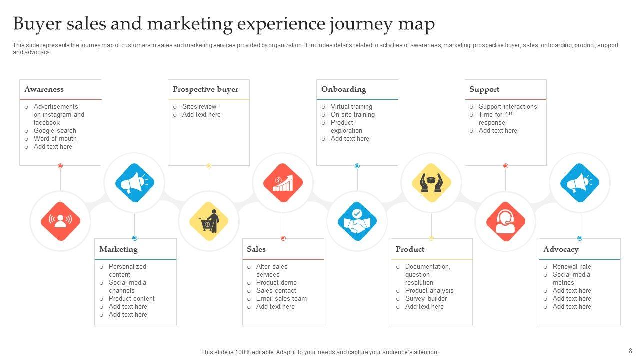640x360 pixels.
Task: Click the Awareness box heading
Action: coord(44,89)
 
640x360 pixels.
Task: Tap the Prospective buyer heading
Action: coord(205,89)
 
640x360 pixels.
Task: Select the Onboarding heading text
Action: coord(343,89)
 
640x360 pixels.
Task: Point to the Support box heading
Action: coord(484,89)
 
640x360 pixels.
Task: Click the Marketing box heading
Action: coord(118,249)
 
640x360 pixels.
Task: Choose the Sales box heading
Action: coord(256,249)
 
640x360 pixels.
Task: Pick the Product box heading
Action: coord(410,249)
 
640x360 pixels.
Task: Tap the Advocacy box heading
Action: coord(561,249)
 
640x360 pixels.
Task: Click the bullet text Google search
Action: coord(55,131)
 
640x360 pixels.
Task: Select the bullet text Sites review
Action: coord(199,107)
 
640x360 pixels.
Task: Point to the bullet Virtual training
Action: coord(351,107)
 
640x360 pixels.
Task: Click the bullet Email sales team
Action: coord(281,299)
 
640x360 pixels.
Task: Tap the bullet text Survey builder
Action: coord(426,299)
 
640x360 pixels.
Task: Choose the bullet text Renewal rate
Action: coord(572,267)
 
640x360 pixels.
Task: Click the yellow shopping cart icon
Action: coord(208,221)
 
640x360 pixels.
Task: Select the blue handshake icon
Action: coord(357,221)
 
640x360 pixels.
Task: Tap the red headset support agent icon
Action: coord(505,221)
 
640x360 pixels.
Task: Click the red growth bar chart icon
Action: coord(283,183)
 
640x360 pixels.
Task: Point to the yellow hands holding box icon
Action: coord(431,183)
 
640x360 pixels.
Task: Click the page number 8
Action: coord(630,351)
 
